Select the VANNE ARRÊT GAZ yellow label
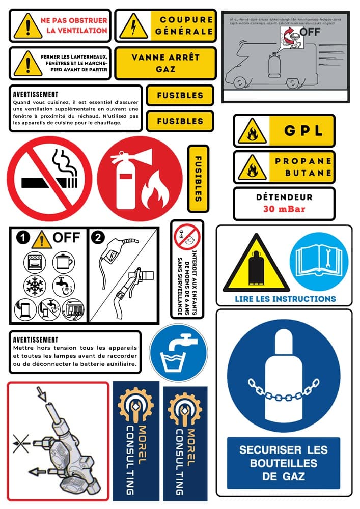click(165, 63)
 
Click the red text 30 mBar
click(284, 209)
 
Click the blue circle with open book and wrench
click(319, 262)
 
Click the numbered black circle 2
click(97, 237)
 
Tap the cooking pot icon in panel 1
click(63, 262)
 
